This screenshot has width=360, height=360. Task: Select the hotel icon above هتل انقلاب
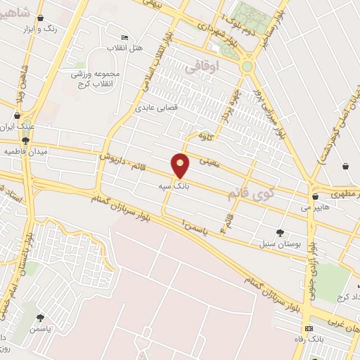[125, 37]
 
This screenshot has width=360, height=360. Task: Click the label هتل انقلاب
[124, 48]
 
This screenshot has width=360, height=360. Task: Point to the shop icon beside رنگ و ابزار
[39, 18]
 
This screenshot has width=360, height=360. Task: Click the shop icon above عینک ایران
[17, 116]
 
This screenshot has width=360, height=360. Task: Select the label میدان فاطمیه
[25, 151]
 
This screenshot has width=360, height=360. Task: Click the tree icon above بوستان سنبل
[281, 232]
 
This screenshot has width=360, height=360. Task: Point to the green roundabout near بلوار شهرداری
[247, 67]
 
